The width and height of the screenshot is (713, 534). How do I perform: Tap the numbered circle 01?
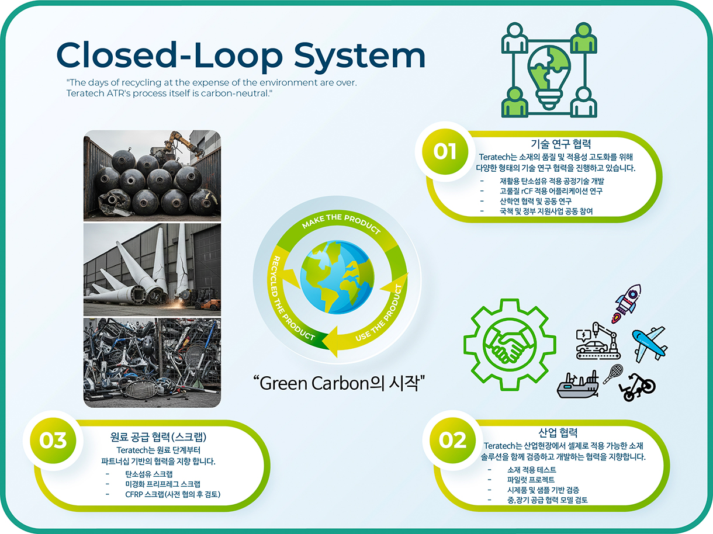tap(445, 151)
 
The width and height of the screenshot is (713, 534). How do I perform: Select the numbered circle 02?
tap(452, 441)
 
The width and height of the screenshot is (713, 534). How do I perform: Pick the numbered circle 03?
tap(53, 441)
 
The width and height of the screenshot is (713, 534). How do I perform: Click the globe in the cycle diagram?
tap(337, 277)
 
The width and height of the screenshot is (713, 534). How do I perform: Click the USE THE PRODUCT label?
tap(380, 314)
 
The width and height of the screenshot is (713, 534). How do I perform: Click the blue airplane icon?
tap(650, 345)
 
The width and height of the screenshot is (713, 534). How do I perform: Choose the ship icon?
tap(578, 385)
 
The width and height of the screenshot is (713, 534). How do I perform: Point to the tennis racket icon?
tap(613, 374)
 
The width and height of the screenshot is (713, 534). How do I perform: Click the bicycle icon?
tap(637, 387)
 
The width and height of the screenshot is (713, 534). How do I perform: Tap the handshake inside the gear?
tap(509, 345)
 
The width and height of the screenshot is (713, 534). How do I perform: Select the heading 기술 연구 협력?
tap(560, 144)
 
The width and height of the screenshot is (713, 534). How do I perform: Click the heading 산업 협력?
tap(558, 432)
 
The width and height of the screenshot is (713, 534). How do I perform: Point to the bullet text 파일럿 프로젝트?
tap(531, 480)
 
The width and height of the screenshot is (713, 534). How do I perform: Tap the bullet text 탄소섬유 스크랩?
tap(149, 474)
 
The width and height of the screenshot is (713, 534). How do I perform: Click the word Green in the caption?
tap(283, 383)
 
